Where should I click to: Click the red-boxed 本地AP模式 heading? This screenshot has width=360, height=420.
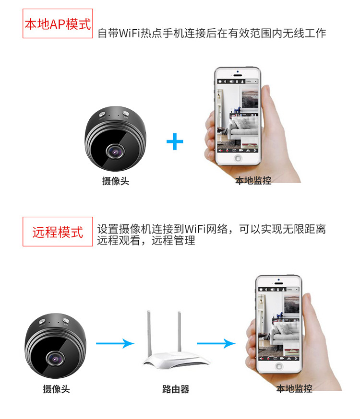click(58, 23)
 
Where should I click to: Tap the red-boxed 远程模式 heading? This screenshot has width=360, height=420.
click(58, 232)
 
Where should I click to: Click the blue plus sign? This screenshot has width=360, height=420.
click(175, 141)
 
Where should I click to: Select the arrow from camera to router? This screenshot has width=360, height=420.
click(115, 343)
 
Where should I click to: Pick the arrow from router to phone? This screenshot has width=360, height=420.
click(216, 343)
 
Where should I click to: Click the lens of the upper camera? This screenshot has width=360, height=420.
click(115, 152)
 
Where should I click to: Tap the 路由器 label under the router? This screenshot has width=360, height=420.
click(176, 389)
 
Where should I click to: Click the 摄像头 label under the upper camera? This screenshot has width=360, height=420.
click(116, 181)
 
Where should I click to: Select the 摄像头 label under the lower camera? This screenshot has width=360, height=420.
click(56, 389)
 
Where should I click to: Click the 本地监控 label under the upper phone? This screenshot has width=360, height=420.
click(253, 181)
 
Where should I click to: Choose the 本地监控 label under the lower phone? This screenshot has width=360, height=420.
click(294, 388)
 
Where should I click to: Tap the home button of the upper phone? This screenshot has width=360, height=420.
click(238, 158)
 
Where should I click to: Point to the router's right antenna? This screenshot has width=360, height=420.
click(180, 332)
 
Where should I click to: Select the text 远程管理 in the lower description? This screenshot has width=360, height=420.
click(173, 240)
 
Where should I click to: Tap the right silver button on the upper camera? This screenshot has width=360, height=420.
click(126, 114)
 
